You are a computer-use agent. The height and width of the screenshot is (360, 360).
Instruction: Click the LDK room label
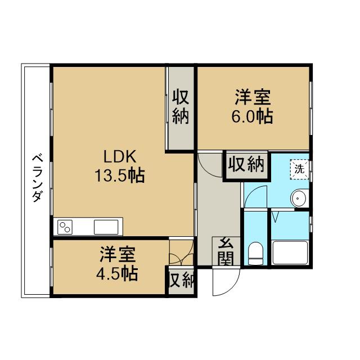(120, 156)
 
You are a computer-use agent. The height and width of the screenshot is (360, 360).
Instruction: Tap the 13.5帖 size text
(120, 175)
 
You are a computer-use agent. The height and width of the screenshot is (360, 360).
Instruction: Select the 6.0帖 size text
(252, 116)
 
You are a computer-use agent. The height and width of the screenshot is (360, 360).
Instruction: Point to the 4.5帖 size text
(117, 274)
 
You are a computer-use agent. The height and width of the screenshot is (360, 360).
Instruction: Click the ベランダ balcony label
(37, 178)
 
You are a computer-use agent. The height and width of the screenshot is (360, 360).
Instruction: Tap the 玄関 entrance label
(226, 251)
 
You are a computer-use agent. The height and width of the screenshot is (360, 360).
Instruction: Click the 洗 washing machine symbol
(299, 169)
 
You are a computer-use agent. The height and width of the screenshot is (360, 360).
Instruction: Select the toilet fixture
(256, 253)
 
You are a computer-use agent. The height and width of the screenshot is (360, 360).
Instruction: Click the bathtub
(290, 253)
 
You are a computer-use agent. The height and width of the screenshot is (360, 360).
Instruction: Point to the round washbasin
(299, 199)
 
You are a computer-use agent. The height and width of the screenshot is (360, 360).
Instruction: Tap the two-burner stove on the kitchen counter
(65, 227)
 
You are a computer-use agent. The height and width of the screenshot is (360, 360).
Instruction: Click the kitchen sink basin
(106, 227)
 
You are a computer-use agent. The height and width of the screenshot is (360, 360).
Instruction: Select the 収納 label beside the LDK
(181, 107)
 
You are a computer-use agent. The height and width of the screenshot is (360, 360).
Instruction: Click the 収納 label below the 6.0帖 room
(246, 164)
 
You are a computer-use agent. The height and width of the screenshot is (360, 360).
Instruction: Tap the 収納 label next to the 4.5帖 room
(182, 280)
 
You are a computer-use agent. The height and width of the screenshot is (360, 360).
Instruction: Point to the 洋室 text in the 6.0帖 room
(252, 97)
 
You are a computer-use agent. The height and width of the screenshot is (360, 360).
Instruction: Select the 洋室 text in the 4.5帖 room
(117, 254)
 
